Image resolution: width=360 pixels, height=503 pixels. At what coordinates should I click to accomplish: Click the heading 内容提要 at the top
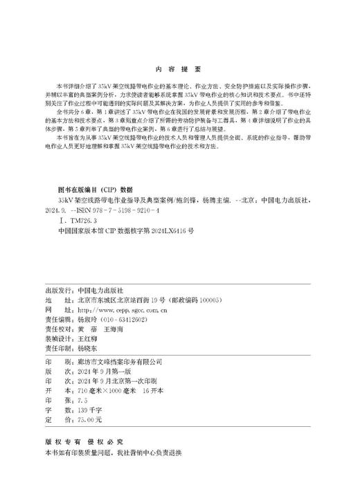[179, 68]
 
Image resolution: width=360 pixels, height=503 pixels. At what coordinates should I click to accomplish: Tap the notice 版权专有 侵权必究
[86, 440]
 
